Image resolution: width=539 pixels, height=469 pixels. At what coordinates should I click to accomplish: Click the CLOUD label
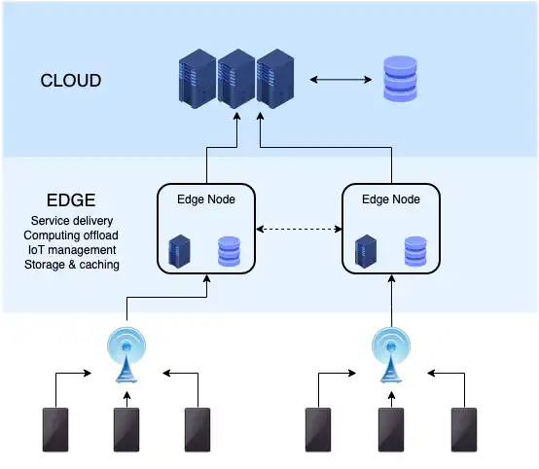coord(70,81)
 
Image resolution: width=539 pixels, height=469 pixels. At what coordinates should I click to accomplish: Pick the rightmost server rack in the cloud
coord(275,80)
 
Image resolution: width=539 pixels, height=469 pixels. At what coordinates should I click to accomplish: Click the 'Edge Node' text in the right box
coord(390,199)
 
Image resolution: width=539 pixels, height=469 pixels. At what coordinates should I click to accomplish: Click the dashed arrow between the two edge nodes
coord(298,230)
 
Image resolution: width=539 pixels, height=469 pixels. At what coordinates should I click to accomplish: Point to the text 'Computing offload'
coord(71,235)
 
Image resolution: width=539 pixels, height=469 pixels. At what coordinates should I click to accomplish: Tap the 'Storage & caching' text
coord(71,265)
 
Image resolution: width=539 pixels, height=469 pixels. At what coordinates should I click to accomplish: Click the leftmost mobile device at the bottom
coord(54,431)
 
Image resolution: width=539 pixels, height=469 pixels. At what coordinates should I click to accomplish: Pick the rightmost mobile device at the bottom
coord(464,431)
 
